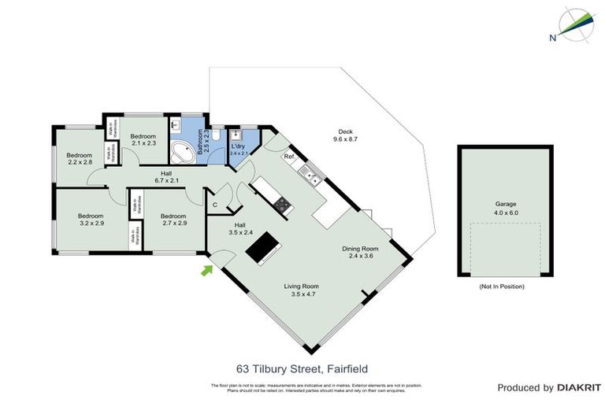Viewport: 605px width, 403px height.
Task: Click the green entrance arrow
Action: pos(207,271)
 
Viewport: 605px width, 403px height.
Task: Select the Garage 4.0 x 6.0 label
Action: pos(506,208)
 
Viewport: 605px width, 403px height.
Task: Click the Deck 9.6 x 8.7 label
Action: pos(346,135)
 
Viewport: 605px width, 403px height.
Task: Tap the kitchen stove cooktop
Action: pos(281,204)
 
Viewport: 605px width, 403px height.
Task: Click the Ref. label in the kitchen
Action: pos(289,157)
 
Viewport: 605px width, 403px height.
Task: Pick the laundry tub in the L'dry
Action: pos(234,135)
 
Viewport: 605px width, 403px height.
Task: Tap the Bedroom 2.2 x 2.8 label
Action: pos(79,158)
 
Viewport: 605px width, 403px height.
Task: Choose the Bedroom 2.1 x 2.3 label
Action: pos(144,139)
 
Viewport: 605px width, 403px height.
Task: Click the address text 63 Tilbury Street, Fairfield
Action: pos(302,368)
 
